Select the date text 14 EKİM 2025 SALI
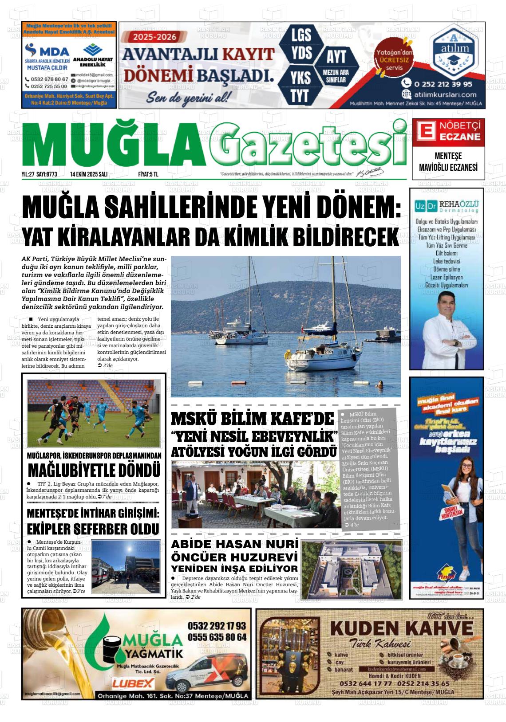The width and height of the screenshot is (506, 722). tap(89, 174)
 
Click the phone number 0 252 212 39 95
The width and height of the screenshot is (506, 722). tap(443, 84)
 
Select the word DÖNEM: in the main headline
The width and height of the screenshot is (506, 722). tap(353, 207)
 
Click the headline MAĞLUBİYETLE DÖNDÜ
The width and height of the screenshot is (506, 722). tap(94, 470)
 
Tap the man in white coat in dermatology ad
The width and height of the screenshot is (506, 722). tap(445, 328)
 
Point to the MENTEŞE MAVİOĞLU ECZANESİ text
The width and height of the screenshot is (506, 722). tap(448, 162)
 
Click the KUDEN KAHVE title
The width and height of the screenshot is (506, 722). tap(402, 628)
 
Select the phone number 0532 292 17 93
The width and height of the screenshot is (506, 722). tap(217, 626)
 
